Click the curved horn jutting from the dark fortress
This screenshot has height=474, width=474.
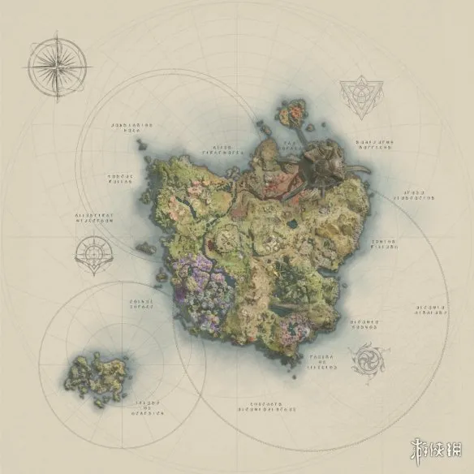(x=357, y=166)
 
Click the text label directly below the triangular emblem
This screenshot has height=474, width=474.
(x=374, y=144)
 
